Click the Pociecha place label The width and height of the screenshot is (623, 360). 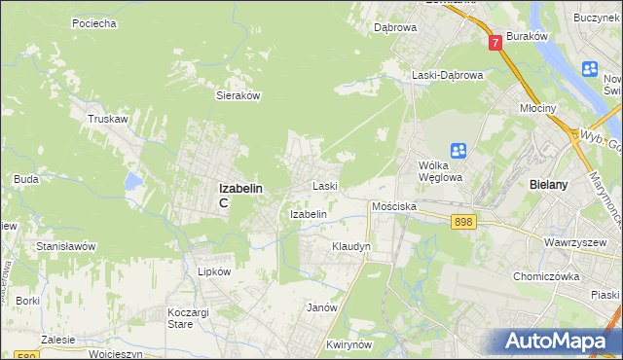(x=94, y=22)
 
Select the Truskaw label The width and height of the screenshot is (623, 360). (x=108, y=119)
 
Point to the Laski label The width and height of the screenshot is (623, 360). (x=324, y=185)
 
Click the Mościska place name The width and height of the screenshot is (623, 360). (x=394, y=207)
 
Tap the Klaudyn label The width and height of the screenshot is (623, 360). (x=351, y=247)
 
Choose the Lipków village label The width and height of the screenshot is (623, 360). (x=214, y=272)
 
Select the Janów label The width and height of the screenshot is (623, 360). (x=321, y=307)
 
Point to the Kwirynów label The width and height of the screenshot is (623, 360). (x=351, y=345)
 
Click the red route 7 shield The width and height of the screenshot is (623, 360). (x=495, y=43)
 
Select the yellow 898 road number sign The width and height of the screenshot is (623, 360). (x=463, y=223)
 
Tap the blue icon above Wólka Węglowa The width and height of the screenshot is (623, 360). (x=458, y=150)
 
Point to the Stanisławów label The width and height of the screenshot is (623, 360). (x=66, y=246)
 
